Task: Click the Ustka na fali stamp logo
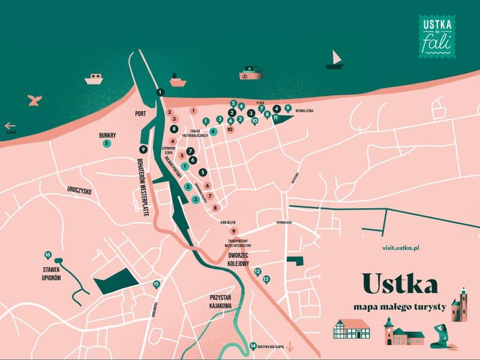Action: [x=436, y=37]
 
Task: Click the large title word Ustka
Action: [x=400, y=284]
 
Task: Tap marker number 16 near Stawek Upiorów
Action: [x=48, y=254]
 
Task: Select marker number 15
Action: [x=157, y=284]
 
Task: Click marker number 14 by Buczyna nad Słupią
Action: [x=253, y=345]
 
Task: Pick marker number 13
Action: [x=266, y=278]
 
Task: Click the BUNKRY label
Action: [x=107, y=136]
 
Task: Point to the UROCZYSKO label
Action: [x=79, y=190]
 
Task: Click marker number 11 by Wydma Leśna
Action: [x=275, y=117]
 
